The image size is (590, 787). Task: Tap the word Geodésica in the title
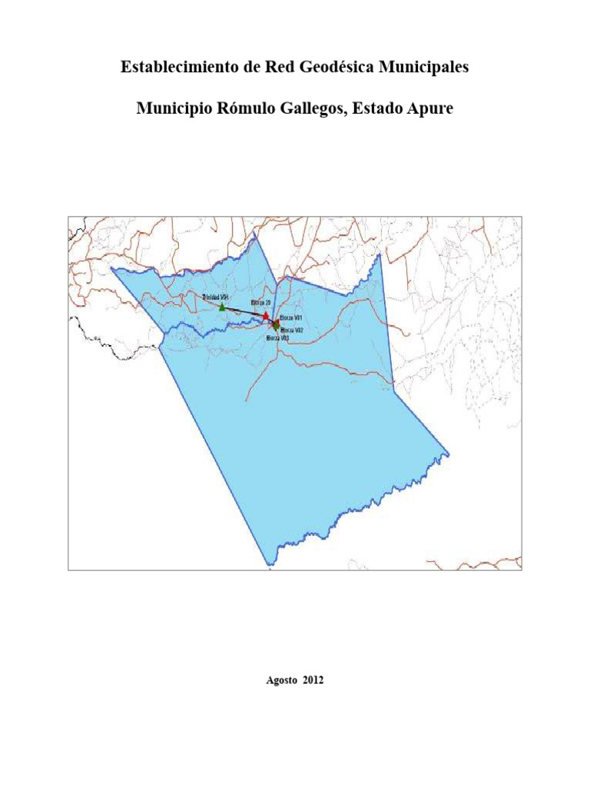[330, 68]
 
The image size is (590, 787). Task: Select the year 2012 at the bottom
[313, 680]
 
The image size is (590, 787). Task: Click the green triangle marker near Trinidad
[222, 307]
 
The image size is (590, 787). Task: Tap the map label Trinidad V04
[216, 297]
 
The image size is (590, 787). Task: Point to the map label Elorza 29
[262, 304]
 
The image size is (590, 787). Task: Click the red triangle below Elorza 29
[266, 315]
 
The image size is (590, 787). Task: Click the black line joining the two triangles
[244, 311]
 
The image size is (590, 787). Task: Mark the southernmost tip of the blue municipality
[268, 566]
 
